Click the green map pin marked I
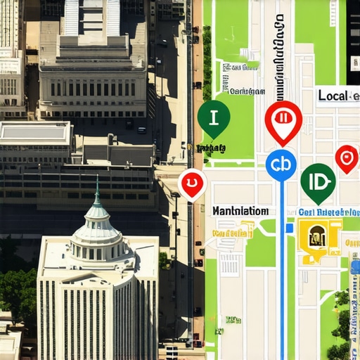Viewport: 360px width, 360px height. (x=214, y=117)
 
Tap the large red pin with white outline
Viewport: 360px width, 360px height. (x=283, y=120)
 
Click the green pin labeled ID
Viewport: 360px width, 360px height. (x=317, y=181)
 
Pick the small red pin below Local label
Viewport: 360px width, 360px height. (x=346, y=157)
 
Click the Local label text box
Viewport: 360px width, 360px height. (x=337, y=96)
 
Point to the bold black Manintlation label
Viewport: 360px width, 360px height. (x=240, y=210)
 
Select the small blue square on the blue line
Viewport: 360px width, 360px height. (x=289, y=228)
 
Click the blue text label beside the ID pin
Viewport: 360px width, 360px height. (x=328, y=212)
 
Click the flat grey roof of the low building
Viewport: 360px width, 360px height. (x=35, y=132)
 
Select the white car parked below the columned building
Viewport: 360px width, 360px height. (x=141, y=130)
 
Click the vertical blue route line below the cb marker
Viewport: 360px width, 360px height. (x=281, y=281)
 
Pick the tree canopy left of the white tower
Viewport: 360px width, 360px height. (x=18, y=292)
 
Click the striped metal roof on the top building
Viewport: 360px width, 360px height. (x=91, y=18)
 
